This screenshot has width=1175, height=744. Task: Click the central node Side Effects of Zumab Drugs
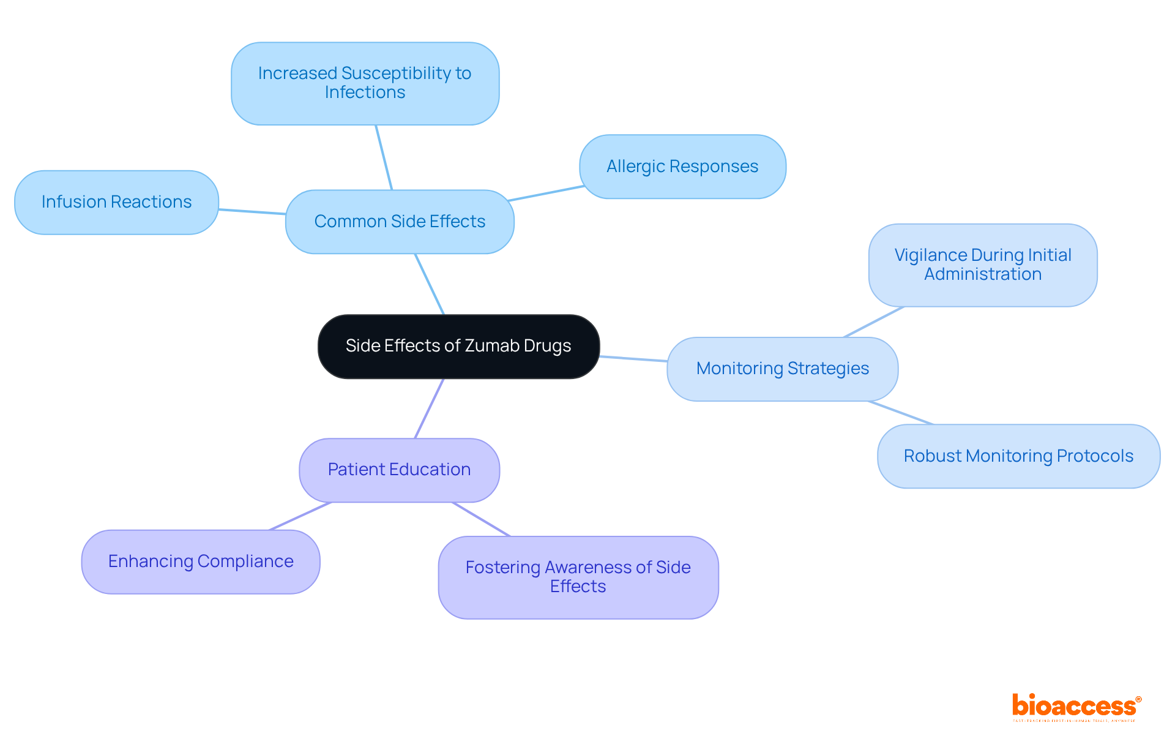click(x=458, y=347)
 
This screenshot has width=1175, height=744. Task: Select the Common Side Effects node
click(x=400, y=222)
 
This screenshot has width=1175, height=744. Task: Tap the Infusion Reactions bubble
click(x=116, y=202)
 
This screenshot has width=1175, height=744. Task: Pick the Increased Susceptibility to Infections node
click(x=365, y=83)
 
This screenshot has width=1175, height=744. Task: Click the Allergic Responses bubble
click(x=682, y=167)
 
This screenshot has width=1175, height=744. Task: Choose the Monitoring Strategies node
click(x=782, y=369)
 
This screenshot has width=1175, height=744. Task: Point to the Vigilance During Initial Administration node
click(x=982, y=265)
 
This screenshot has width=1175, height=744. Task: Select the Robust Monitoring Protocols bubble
click(x=1018, y=456)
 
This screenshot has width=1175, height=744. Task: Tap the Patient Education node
click(x=399, y=470)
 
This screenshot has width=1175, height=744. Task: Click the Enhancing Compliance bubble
click(x=201, y=562)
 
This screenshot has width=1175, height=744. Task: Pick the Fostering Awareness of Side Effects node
click(x=578, y=577)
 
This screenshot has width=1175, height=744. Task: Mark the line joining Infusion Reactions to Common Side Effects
click(x=252, y=212)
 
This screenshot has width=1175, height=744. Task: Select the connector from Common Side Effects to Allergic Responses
click(x=546, y=194)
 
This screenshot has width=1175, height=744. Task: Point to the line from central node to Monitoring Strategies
click(x=633, y=359)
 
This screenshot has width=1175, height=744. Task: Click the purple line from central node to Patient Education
click(x=429, y=408)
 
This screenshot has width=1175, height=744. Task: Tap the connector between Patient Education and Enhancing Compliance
click(x=300, y=516)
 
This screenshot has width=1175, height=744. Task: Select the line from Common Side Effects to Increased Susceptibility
click(x=384, y=157)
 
